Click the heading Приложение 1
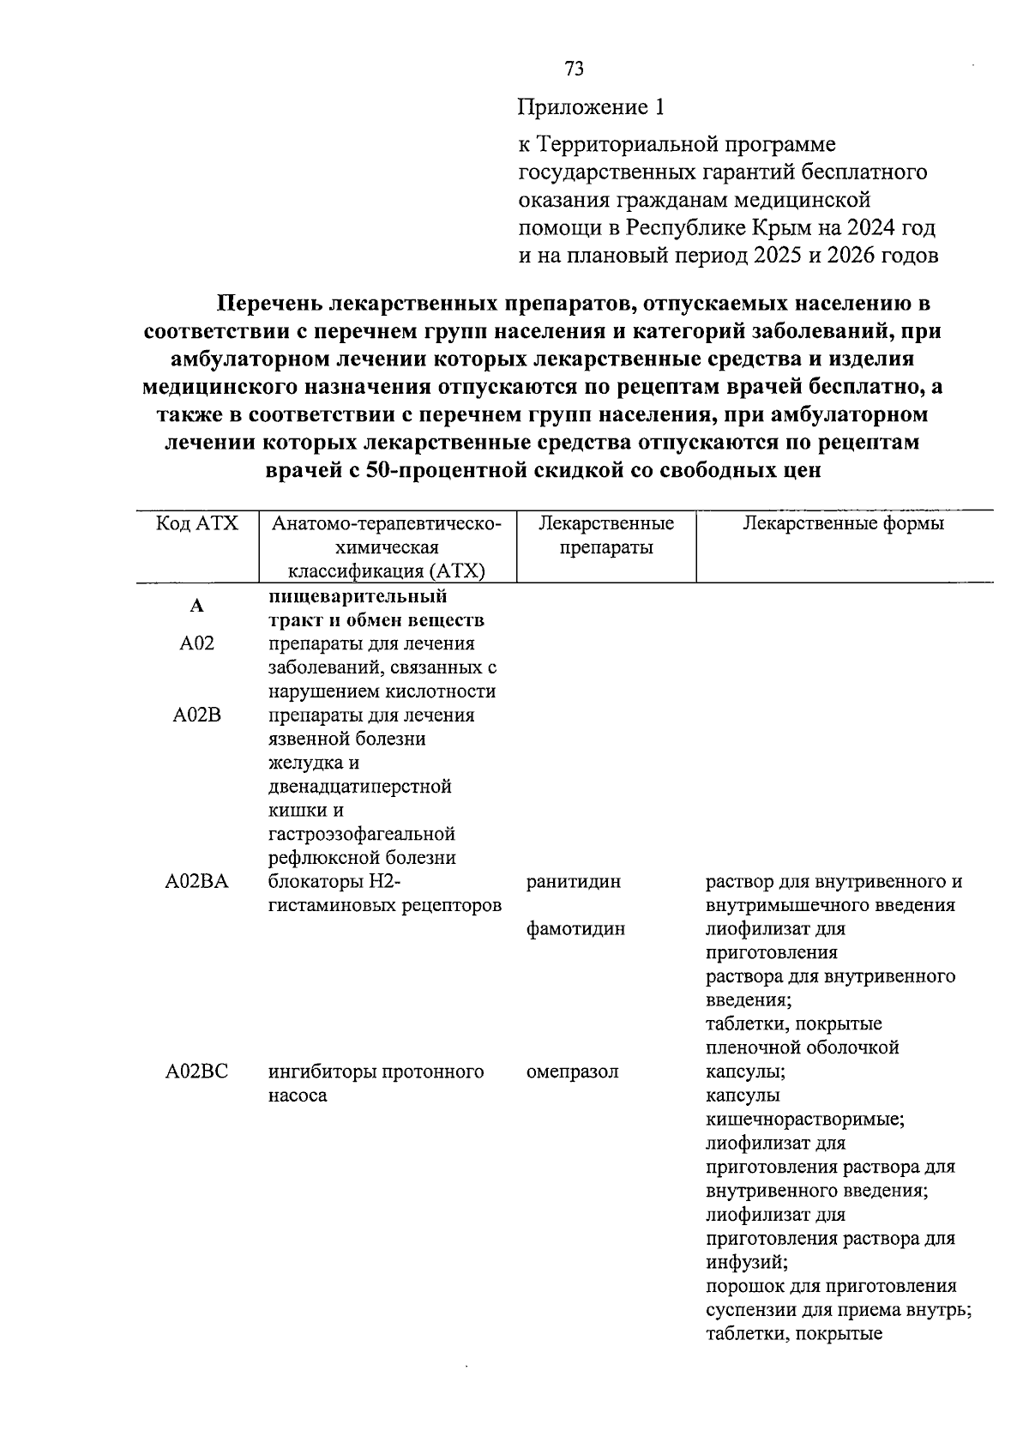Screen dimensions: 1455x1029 pyautogui.click(x=591, y=108)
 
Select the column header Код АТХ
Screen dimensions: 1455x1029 pyautogui.click(x=196, y=523)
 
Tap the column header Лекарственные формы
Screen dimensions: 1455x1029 pyautogui.click(x=843, y=523)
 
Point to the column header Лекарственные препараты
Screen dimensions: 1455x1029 pyautogui.click(x=606, y=535)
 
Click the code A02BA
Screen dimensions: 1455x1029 pyautogui.click(x=196, y=882)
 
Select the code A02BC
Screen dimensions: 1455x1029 pyautogui.click(x=196, y=1072)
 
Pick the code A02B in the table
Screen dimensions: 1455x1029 pyautogui.click(x=196, y=715)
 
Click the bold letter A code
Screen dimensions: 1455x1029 pyautogui.click(x=196, y=607)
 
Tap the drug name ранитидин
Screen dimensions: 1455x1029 pyautogui.click(x=573, y=882)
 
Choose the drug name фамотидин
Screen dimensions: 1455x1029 pyautogui.click(x=575, y=929)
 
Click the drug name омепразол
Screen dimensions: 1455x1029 pyautogui.click(x=572, y=1072)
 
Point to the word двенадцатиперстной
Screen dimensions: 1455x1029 pyautogui.click(x=359, y=787)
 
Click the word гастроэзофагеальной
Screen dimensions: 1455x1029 pyautogui.click(x=361, y=834)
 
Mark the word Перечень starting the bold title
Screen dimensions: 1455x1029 pyautogui.click(x=268, y=303)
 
